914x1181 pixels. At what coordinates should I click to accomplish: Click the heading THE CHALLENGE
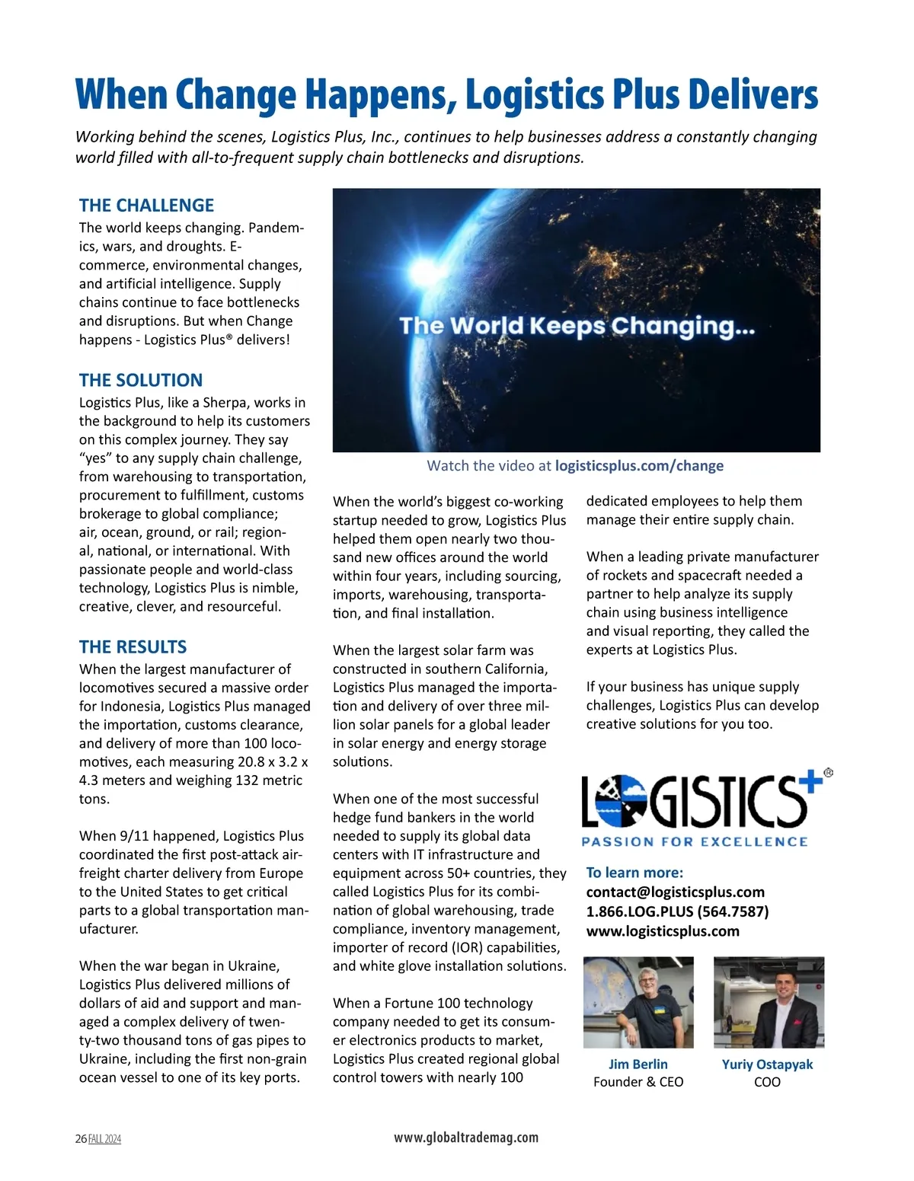146,206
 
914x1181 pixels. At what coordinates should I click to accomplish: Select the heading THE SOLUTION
141,381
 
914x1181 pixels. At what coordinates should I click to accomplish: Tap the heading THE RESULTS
133,647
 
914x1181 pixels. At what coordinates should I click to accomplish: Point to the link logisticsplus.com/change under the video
639,466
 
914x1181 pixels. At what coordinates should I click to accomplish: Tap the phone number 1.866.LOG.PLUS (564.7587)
677,911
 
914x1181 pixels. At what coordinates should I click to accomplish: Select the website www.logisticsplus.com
663,930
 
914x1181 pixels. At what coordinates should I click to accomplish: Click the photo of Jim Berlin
638,1002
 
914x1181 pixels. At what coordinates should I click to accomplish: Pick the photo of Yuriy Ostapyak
769,1002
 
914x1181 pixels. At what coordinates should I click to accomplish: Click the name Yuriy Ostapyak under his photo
767,1064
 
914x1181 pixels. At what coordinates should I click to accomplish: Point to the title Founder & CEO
638,1082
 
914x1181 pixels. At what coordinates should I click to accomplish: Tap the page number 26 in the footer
81,1139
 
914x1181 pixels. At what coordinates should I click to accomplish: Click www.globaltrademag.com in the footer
466,1138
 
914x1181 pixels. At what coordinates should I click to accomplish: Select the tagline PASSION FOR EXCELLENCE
695,842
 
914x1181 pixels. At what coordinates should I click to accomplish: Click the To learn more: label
634,873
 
